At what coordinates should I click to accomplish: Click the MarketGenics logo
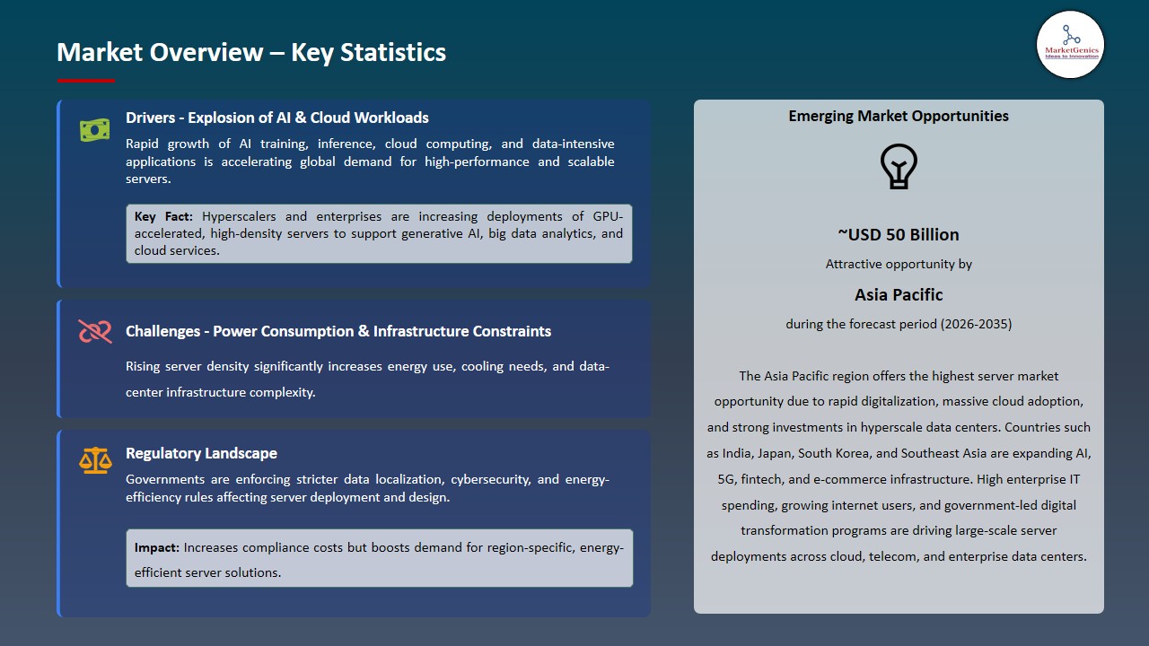click(x=1070, y=44)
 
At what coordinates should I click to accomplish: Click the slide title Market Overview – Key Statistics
click(x=251, y=53)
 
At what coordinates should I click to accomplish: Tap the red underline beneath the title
click(x=86, y=81)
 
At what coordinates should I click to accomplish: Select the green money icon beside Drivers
click(x=94, y=130)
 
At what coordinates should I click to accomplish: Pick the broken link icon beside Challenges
click(x=94, y=332)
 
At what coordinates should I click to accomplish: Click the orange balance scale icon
click(x=94, y=461)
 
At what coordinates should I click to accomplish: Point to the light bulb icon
click(x=899, y=167)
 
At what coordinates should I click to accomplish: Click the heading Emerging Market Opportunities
click(x=899, y=116)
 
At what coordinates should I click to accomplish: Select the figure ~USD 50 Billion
click(x=899, y=235)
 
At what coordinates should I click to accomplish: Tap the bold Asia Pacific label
click(x=899, y=294)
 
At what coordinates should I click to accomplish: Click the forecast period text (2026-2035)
click(x=976, y=324)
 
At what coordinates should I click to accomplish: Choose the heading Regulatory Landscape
click(x=201, y=453)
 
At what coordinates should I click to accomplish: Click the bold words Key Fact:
click(x=163, y=216)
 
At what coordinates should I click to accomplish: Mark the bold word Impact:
click(x=157, y=547)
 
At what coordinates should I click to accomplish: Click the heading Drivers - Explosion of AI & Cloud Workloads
click(x=277, y=118)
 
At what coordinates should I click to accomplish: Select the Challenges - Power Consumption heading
click(x=338, y=331)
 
